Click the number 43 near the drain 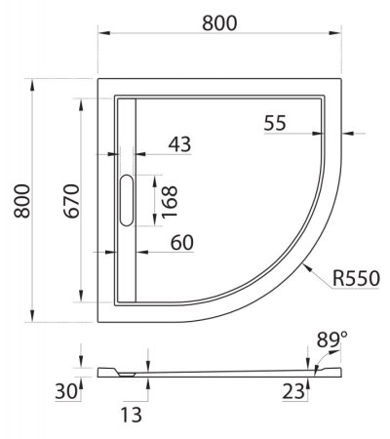tap(178, 143)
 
